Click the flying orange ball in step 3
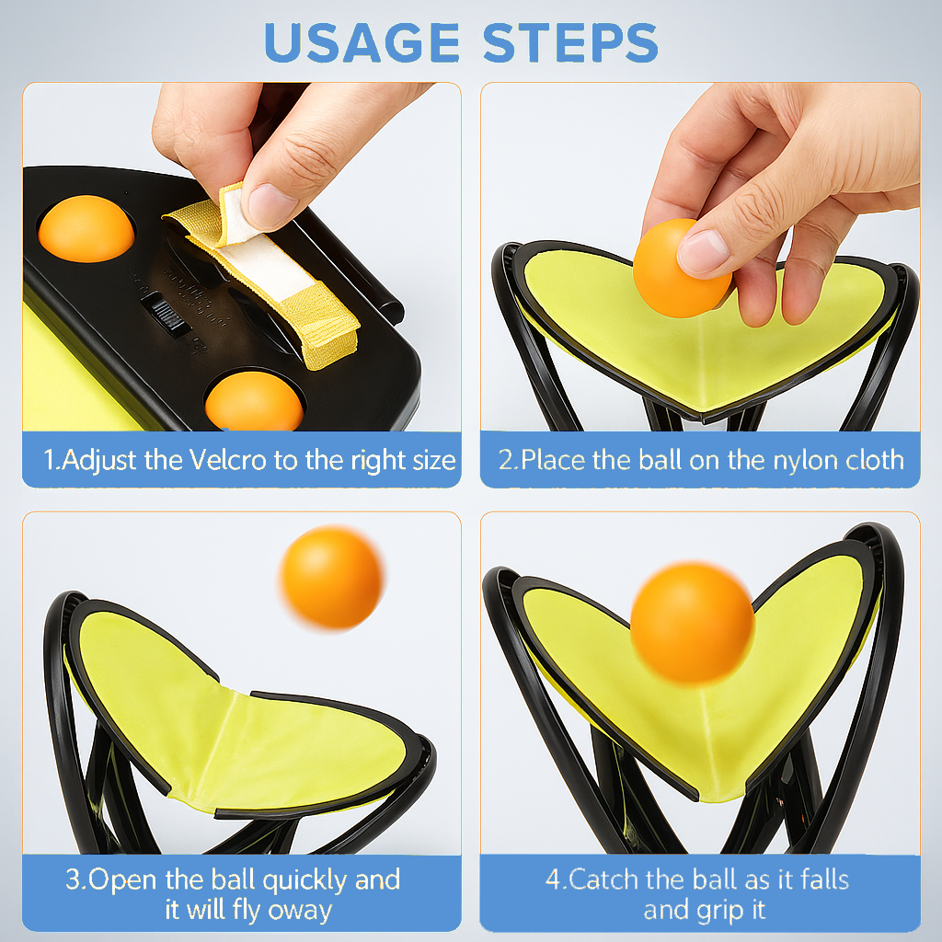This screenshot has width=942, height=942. point(332,578)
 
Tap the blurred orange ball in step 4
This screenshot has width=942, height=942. point(692,623)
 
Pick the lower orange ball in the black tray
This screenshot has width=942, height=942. point(254,402)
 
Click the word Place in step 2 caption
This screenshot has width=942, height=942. point(551,460)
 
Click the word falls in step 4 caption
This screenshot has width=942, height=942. point(818,879)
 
